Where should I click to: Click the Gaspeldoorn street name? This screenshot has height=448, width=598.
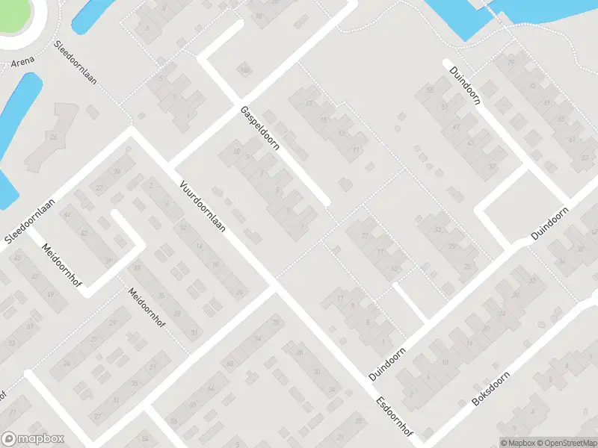click(259, 128)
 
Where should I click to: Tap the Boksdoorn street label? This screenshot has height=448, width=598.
click(491, 388)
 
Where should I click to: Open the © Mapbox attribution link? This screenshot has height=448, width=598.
click(517, 442)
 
